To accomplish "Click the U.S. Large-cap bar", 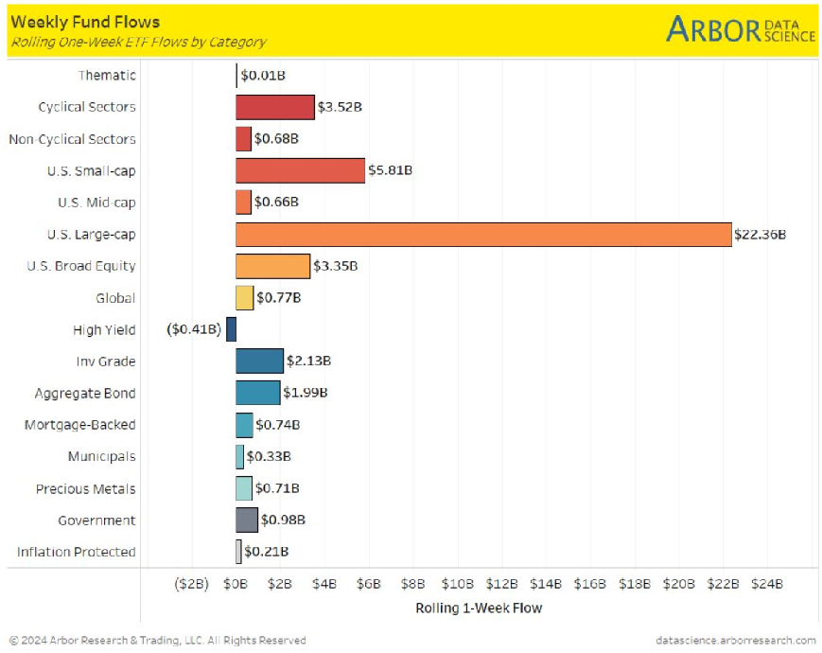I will (483, 234).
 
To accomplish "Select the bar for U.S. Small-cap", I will (300, 170).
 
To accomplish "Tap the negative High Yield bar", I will (231, 329).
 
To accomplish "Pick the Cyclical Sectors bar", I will (274, 107).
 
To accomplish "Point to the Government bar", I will (246, 520).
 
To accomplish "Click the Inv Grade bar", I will (259, 361).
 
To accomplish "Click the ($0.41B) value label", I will (194, 329).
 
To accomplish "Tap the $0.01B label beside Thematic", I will (263, 75).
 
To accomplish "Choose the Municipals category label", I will (101, 456).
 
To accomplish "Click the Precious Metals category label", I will (85, 488).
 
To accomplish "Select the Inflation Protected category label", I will (76, 552).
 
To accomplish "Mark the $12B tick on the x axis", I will (501, 585).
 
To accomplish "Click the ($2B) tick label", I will (191, 585).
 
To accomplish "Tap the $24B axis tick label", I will (767, 585).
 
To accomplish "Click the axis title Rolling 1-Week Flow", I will (479, 608).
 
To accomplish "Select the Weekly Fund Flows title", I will (85, 22).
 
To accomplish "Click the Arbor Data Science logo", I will (740, 29).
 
